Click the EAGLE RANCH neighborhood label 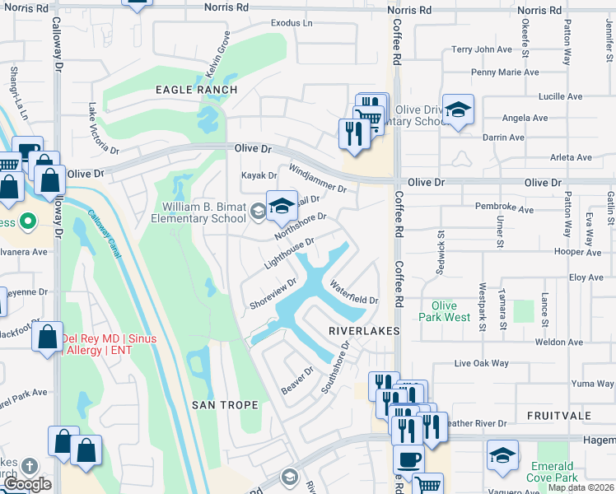click(197, 90)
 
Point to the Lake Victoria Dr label click(103, 128)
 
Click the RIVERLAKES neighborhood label click(363, 330)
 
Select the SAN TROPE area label click(225, 405)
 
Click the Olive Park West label click(445, 311)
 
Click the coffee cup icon click(408, 459)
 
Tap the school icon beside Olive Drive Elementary click(457, 110)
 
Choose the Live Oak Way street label click(482, 363)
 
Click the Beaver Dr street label click(297, 380)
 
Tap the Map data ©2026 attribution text click(581, 487)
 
